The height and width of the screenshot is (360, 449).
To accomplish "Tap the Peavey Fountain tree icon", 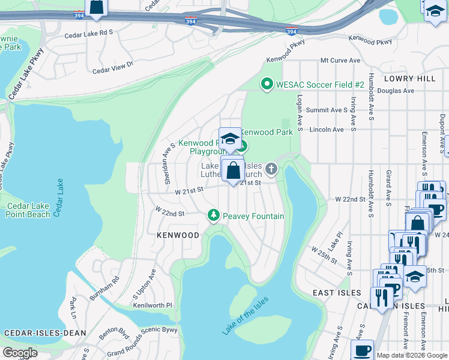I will tap(212, 215).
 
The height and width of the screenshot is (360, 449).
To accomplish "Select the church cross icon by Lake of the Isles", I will tap(271, 169).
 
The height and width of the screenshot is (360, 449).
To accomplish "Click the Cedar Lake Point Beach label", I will tap(28, 210).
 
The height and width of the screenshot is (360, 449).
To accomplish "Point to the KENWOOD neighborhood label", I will tap(178, 235).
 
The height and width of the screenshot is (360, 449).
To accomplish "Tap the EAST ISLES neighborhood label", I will tap(337, 293).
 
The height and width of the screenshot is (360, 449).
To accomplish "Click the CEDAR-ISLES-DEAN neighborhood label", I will tap(46, 332).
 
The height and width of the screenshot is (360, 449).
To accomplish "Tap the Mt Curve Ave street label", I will tap(340, 61).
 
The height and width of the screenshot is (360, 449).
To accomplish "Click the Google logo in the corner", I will tap(21, 353).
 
